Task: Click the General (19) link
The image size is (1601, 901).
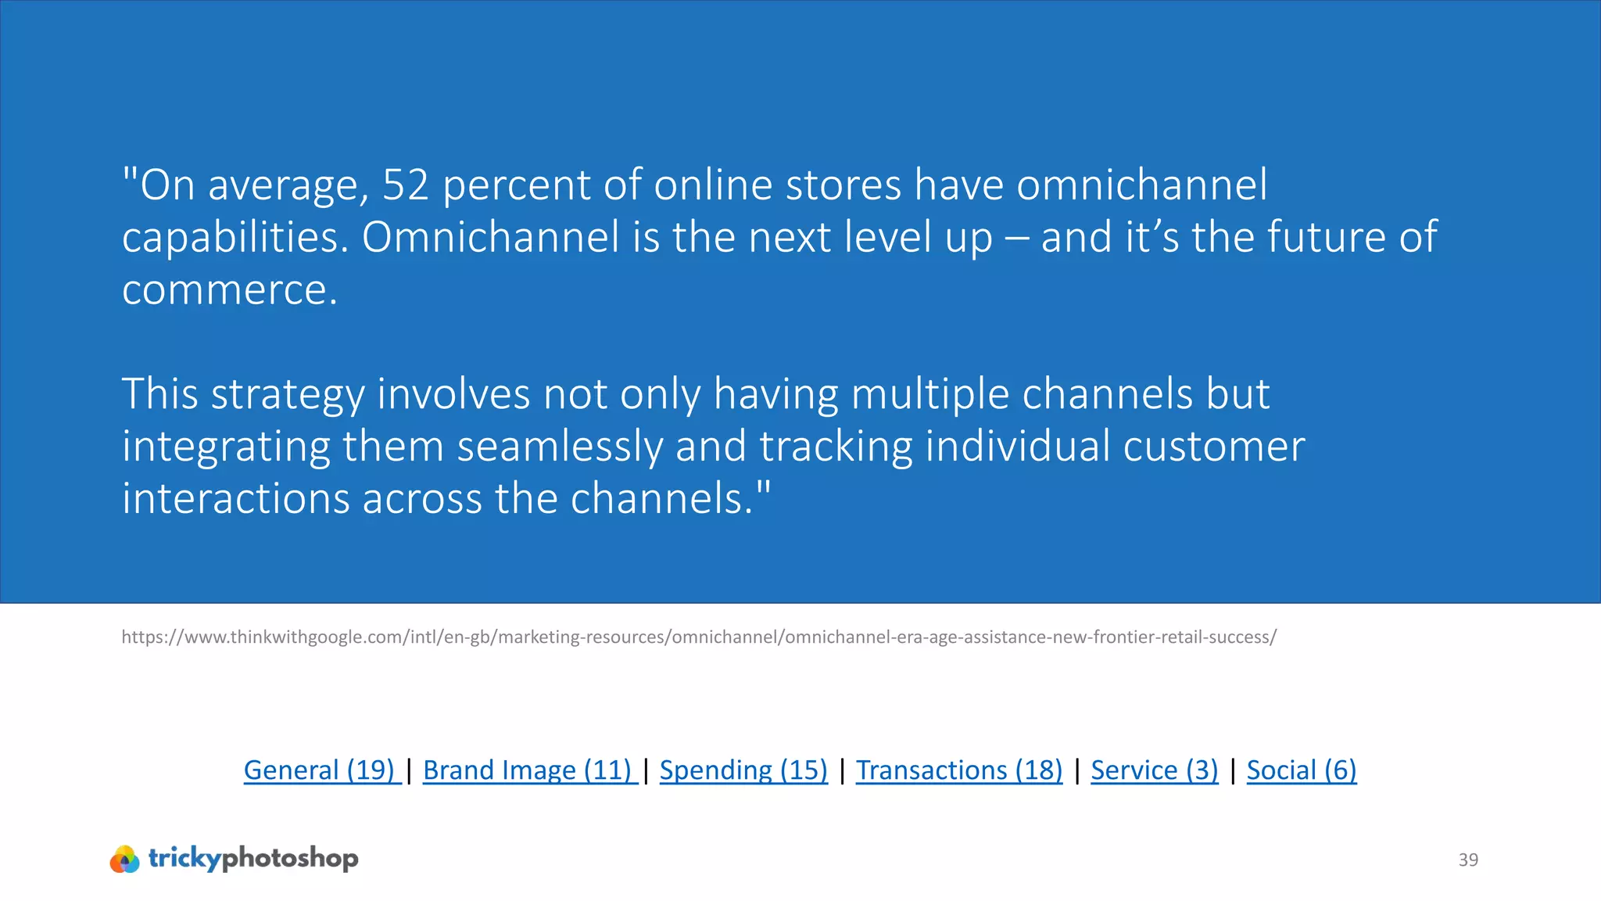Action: tap(321, 770)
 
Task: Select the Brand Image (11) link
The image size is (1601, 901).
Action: tap(528, 770)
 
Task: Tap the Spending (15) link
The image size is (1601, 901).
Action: tap(743, 770)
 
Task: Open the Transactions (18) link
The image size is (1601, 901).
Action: tap(959, 770)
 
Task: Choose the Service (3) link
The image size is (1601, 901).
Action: tap(1155, 770)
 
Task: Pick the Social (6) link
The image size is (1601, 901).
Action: tap(1302, 770)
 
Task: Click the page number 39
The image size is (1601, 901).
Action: tap(1468, 860)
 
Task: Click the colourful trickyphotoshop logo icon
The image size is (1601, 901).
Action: tap(125, 859)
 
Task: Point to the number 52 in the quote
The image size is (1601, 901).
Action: tap(406, 185)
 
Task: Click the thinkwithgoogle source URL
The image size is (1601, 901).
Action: tap(699, 637)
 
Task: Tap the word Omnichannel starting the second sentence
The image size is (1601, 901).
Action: tap(490, 237)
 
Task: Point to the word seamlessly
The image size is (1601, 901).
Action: tap(560, 447)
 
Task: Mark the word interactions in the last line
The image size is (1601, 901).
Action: tap(235, 499)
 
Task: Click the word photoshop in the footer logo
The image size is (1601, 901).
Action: tap(290, 859)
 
